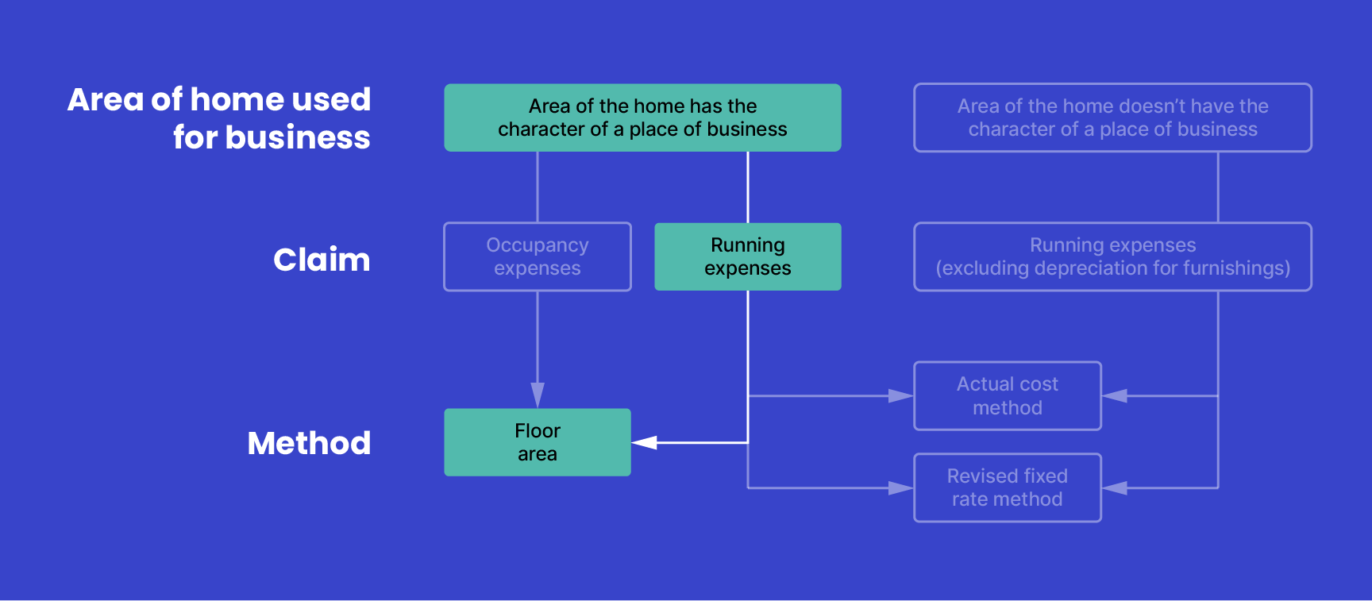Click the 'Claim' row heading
(322, 260)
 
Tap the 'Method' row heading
(309, 443)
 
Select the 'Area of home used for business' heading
(219, 118)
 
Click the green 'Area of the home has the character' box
(642, 118)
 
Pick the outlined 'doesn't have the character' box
(1112, 118)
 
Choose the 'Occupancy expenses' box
(538, 256)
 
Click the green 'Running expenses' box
(747, 256)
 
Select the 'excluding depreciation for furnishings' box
(1112, 256)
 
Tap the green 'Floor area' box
(538, 442)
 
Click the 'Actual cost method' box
(1007, 395)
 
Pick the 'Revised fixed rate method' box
(1007, 487)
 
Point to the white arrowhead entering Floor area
(644, 442)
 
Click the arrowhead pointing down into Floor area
(538, 395)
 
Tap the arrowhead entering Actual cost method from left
(900, 395)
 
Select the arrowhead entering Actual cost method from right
(1115, 395)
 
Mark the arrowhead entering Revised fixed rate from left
(900, 487)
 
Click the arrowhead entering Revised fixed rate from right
(1115, 487)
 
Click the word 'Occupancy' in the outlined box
(538, 245)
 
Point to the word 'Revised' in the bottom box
(973, 476)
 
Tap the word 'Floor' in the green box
(538, 431)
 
